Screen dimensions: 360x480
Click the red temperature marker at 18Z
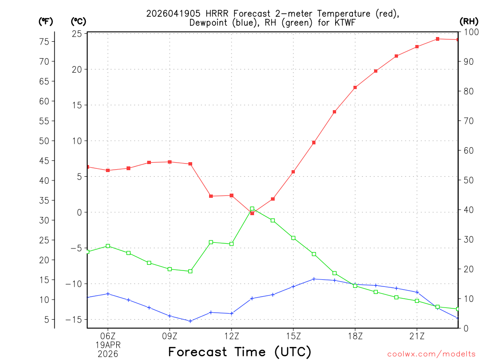(x=355, y=88)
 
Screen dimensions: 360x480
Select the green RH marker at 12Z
(x=232, y=244)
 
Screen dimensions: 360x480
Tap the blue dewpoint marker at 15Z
(x=293, y=286)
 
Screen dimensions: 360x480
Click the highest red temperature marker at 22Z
(x=437, y=39)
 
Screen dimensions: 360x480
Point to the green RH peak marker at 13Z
(x=252, y=209)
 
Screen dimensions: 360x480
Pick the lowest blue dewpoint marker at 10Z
(x=190, y=321)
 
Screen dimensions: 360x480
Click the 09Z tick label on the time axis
(x=170, y=336)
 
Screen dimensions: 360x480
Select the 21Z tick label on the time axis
(x=417, y=336)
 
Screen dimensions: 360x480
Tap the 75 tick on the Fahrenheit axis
(x=44, y=42)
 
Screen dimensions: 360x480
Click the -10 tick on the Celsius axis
(x=75, y=284)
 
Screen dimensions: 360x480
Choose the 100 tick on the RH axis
(x=469, y=32)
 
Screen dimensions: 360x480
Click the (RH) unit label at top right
(x=469, y=21)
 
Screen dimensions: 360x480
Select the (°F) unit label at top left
(x=46, y=21)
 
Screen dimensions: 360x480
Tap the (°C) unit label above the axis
(x=78, y=21)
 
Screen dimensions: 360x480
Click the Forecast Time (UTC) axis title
(x=240, y=352)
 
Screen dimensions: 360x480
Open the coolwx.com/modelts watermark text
(x=431, y=354)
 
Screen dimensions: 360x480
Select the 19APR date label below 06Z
(x=108, y=345)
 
